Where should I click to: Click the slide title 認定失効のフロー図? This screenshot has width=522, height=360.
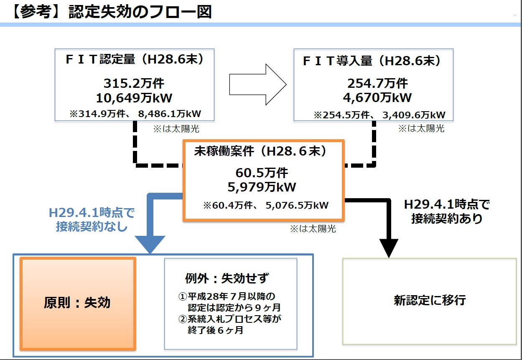click(140, 12)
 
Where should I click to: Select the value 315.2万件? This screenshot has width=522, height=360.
click(134, 83)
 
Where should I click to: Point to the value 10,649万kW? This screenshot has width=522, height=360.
click(134, 98)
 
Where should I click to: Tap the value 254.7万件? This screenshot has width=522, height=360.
click(377, 83)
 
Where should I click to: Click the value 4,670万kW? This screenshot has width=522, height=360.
click(377, 97)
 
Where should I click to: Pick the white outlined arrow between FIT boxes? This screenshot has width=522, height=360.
click(258, 84)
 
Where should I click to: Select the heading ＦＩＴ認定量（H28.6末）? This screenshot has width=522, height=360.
click(135, 59)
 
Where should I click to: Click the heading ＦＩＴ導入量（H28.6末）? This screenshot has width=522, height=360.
click(372, 61)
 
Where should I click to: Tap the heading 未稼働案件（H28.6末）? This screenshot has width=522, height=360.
click(260, 151)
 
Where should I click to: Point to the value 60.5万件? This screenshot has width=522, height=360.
click(262, 173)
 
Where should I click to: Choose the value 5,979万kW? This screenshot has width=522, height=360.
click(262, 187)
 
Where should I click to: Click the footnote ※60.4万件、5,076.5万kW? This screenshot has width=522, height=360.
click(266, 205)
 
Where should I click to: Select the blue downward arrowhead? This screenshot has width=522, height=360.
click(150, 244)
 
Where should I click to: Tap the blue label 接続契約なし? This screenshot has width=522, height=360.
click(92, 226)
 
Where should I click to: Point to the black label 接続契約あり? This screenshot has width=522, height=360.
click(447, 219)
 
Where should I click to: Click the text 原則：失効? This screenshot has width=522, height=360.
click(77, 303)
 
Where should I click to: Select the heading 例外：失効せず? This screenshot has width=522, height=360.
click(227, 278)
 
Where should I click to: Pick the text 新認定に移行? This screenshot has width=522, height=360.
click(430, 300)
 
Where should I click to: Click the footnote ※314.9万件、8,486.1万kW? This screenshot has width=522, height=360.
click(135, 114)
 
